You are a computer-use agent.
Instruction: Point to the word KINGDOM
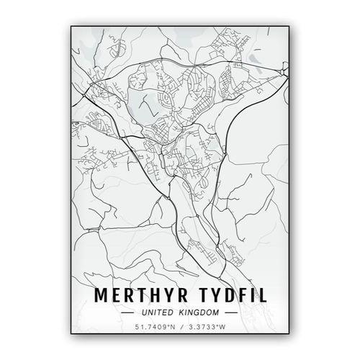pyautogui.click(x=201, y=314)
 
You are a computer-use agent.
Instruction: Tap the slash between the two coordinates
pyautogui.click(x=181, y=328)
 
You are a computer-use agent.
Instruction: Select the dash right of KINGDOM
pyautogui.click(x=230, y=314)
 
